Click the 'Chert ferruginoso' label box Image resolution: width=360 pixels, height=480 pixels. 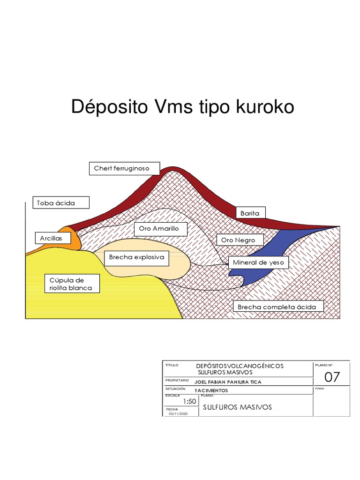[124, 168]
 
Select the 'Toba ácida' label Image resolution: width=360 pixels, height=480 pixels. [56, 203]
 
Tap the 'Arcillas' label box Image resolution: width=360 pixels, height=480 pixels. [52, 239]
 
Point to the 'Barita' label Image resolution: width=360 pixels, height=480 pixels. [250, 213]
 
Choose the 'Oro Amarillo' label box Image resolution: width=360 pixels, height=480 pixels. [160, 229]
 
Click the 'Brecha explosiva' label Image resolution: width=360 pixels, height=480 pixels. [136, 257]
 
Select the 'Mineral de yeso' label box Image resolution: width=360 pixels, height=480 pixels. [258, 262]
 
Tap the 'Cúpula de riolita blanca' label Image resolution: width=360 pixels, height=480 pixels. [71, 284]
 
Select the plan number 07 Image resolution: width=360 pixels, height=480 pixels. [332, 377]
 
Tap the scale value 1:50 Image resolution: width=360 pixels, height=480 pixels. [189, 401]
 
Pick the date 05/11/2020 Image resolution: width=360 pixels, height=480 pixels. [178, 413]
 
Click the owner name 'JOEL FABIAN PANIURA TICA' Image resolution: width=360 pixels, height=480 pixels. [228, 382]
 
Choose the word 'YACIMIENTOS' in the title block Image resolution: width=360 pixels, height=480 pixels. [211, 390]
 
